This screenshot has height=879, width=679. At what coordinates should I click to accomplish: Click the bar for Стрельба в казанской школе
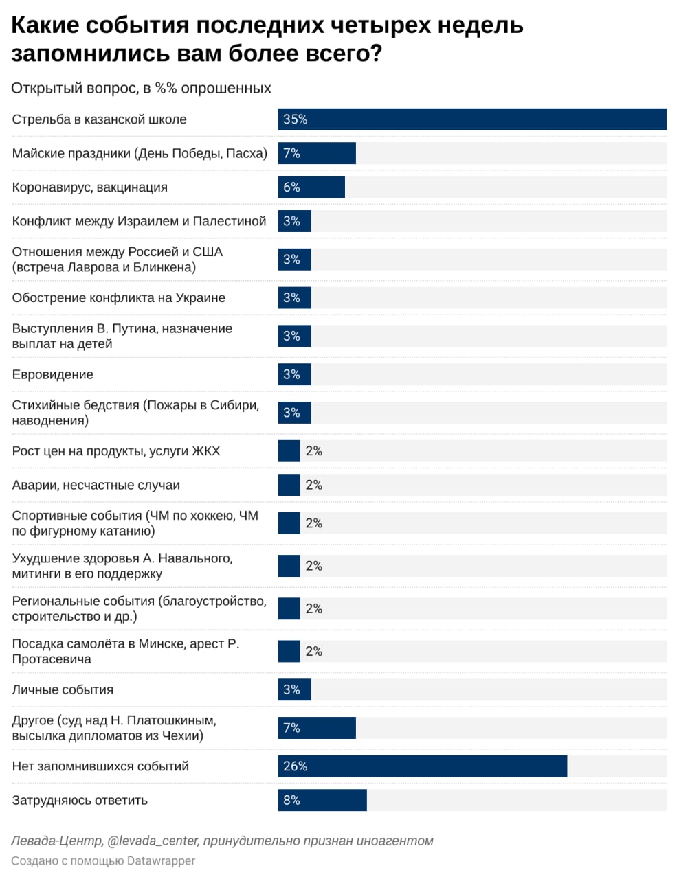pos(472,119)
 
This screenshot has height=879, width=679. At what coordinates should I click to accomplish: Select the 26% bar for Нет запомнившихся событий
pos(423,766)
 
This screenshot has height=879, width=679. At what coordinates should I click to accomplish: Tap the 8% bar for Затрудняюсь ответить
pos(322,800)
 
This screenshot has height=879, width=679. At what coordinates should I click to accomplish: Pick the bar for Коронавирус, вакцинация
pos(311,187)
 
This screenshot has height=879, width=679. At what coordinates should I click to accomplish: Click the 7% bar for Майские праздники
pos(317,153)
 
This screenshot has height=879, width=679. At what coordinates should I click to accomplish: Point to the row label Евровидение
pos(53,374)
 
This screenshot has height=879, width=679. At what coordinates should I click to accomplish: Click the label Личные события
pos(63,689)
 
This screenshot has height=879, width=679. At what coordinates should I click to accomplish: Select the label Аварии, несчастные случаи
pos(96,485)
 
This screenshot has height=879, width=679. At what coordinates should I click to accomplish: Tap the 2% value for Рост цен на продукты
pos(314,451)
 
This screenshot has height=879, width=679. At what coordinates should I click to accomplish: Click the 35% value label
pos(296,119)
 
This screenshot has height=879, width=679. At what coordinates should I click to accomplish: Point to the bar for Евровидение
pos(294,374)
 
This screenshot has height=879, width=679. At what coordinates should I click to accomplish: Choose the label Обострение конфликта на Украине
pos(118,297)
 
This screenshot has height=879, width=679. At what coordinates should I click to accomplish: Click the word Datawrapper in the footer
pos(161,861)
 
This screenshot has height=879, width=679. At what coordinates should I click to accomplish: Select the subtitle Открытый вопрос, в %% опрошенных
pos(141,88)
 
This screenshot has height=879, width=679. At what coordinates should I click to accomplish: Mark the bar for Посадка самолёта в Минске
pos(289,651)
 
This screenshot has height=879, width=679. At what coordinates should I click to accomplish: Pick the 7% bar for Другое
pos(317,728)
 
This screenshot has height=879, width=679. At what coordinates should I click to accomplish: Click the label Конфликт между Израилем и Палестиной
pos(139,221)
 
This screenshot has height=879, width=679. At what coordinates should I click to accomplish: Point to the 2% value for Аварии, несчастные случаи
pos(314,485)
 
